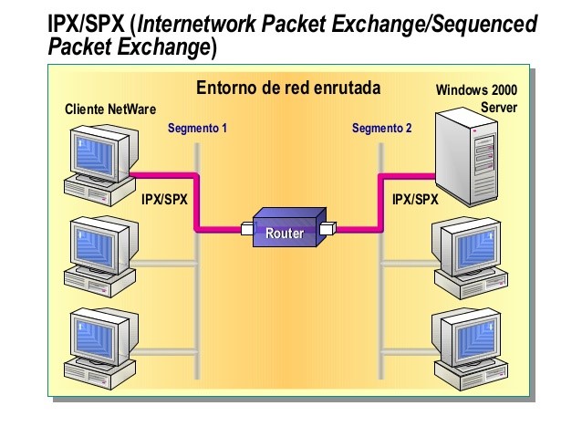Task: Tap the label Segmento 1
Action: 196,129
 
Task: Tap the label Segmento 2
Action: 381,129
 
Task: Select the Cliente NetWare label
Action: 104,109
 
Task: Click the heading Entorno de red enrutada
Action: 288,88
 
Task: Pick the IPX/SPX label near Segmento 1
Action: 164,198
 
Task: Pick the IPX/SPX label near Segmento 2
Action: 415,198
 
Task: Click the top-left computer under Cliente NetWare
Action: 100,162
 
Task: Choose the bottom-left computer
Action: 100,346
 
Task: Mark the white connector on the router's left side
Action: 247,229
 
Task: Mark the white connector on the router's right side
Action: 329,229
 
